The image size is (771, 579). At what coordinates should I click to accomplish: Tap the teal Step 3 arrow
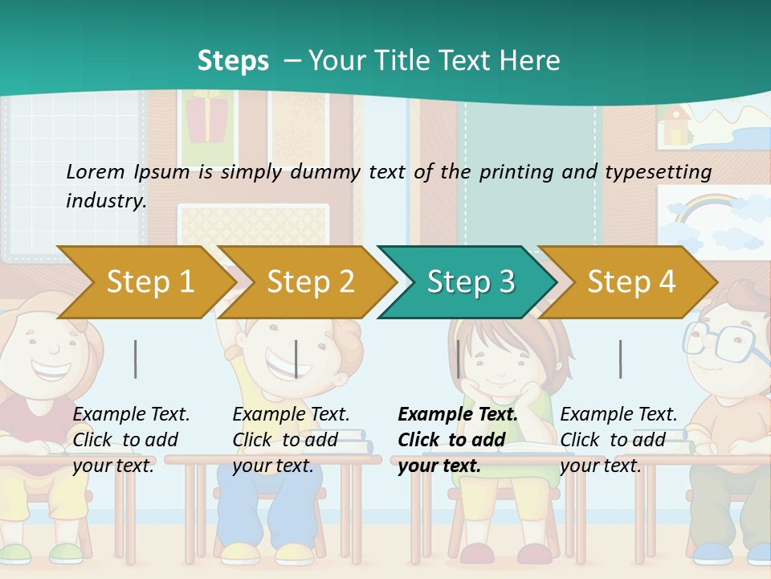471,282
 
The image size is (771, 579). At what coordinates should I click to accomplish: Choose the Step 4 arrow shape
631,282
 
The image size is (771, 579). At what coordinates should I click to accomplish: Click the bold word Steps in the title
233,61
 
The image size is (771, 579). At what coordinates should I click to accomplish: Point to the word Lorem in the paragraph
95,171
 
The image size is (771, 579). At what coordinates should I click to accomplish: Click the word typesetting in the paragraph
663,172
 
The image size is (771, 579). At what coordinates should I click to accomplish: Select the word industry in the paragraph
105,201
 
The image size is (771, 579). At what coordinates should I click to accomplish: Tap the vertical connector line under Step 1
136,359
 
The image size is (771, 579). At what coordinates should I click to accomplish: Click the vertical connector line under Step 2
296,359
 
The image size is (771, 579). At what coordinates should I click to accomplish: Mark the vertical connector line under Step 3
458,359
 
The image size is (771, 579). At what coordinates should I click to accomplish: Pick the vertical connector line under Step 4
620,359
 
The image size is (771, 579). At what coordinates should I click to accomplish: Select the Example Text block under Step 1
131,440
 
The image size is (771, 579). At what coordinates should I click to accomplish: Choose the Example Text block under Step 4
618,440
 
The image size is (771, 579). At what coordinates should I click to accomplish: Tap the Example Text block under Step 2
291,440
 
